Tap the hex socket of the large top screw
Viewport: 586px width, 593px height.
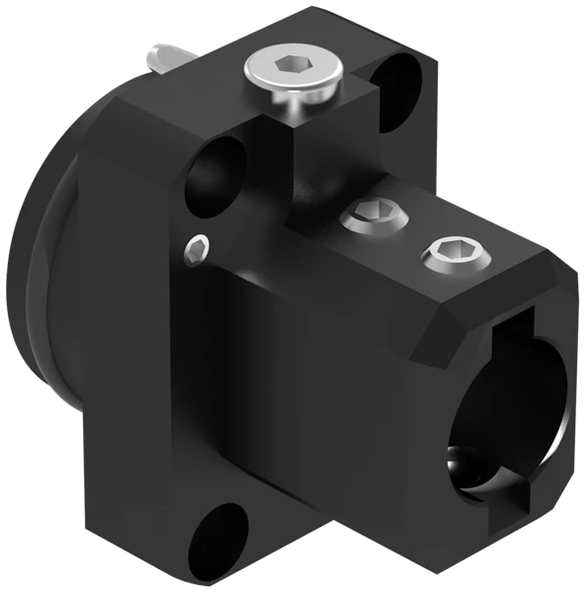point(293,66)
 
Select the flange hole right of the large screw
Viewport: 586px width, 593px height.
point(399,79)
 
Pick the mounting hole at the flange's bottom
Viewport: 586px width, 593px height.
point(218,542)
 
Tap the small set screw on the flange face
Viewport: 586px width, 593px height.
point(198,249)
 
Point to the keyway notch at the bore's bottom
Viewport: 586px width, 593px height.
point(494,505)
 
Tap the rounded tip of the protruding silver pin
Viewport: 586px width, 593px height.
point(152,56)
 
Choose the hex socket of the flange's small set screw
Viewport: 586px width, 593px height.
point(198,249)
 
